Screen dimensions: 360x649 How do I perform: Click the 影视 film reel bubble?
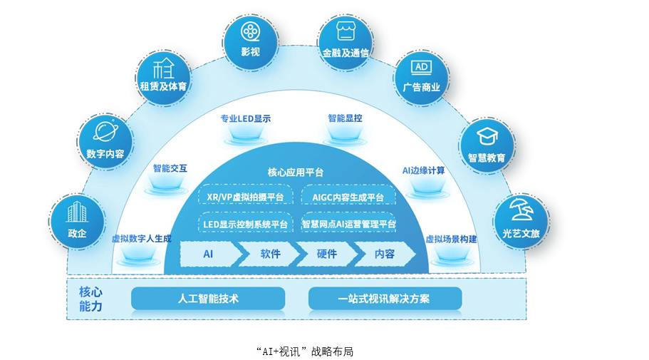click(x=249, y=39)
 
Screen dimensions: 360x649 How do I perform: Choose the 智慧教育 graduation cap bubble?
click(x=487, y=145)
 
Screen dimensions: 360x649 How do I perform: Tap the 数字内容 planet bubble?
click(x=105, y=141)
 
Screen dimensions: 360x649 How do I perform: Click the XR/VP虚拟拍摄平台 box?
click(x=245, y=197)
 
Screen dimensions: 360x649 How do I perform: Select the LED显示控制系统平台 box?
click(x=245, y=224)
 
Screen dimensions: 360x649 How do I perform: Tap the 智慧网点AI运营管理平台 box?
click(x=348, y=224)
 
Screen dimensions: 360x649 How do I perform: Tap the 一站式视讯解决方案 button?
click(x=385, y=298)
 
